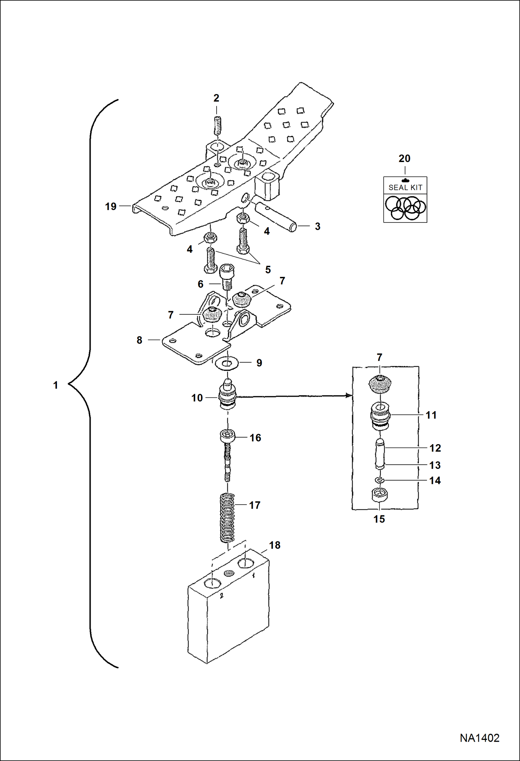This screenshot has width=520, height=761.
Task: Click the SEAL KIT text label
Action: point(405,188)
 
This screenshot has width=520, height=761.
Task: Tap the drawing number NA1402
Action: point(479,738)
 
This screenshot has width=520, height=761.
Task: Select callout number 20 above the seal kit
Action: point(404,159)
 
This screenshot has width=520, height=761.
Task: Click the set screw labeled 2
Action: point(217,125)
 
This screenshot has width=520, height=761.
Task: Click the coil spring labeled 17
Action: point(228,518)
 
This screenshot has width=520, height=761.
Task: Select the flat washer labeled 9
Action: point(227,363)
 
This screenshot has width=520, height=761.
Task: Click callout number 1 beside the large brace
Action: point(56,385)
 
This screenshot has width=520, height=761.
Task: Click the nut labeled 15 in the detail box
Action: point(379,495)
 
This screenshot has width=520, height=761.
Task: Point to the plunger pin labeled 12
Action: point(380,453)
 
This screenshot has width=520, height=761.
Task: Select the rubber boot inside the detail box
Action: point(380,384)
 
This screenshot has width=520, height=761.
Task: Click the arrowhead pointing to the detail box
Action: point(349,396)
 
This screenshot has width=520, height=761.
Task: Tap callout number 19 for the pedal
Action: point(111,207)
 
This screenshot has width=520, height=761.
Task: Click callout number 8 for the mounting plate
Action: point(139,340)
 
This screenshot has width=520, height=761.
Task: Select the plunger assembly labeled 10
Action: point(227,396)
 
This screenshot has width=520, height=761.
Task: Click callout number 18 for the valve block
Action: point(275,545)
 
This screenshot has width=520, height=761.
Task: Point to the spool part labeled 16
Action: point(227,437)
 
